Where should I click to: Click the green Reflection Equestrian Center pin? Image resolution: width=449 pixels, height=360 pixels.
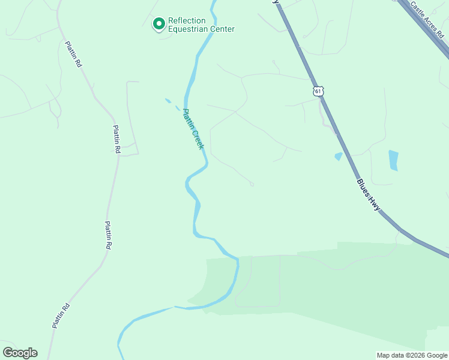(x=159, y=24)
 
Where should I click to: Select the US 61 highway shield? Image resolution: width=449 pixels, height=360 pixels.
(x=318, y=91)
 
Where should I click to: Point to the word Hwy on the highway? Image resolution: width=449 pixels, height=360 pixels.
(x=376, y=205)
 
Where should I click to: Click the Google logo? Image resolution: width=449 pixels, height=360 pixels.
(x=20, y=353)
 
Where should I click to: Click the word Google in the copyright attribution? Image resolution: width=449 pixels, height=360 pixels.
(x=438, y=355)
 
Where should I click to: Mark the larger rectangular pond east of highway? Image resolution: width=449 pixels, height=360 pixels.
(x=393, y=160)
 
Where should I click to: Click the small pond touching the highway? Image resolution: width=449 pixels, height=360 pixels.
(x=339, y=157)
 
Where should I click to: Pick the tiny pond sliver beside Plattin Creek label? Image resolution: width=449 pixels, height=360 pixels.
(x=167, y=100)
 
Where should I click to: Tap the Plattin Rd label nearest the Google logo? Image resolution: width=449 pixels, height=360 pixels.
(x=61, y=316)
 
